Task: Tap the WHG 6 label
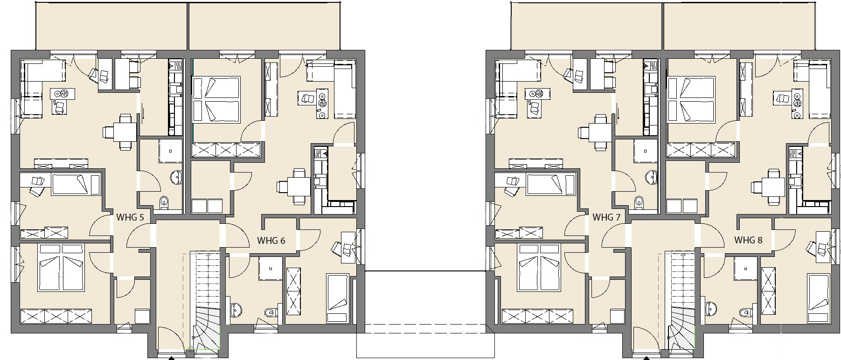[271, 241]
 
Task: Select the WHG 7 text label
[606, 217]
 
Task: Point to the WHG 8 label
[748, 240]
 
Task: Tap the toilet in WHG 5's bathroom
[164, 202]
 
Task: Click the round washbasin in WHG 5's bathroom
[177, 177]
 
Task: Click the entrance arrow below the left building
[171, 358]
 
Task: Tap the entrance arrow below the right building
[646, 358]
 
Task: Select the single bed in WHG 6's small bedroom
[337, 298]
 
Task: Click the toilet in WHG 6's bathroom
[270, 312]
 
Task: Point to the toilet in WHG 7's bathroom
[639, 202]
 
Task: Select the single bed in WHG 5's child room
[76, 185]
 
